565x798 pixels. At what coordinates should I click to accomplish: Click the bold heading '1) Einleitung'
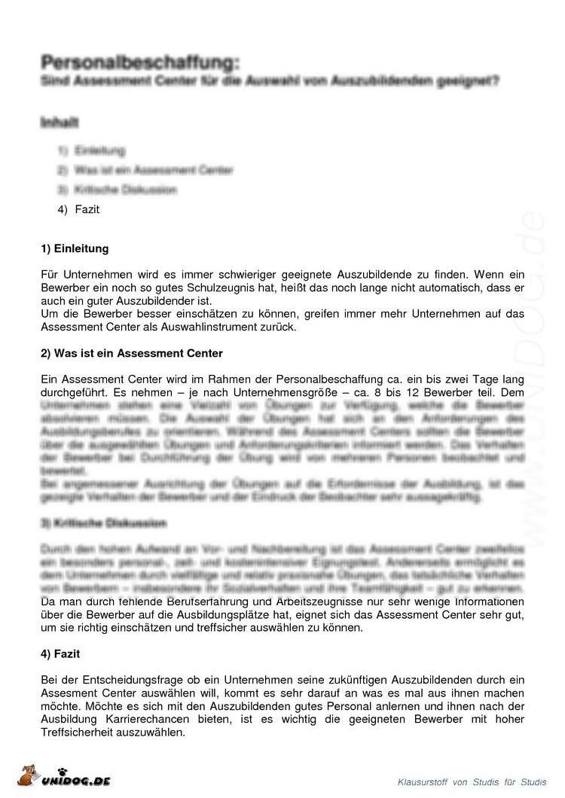pyautogui.click(x=75, y=248)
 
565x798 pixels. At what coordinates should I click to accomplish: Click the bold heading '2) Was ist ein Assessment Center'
pyautogui.click(x=132, y=352)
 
